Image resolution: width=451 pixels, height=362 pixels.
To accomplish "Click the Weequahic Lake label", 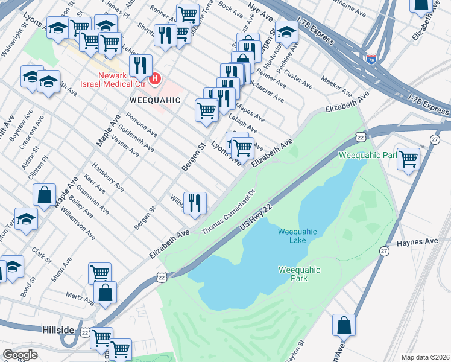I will click(x=292, y=236).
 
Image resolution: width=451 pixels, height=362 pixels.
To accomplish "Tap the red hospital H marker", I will click(x=156, y=78).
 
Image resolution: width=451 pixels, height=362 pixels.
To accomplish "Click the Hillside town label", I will click(x=58, y=330).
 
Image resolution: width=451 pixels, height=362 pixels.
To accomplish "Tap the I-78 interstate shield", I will click(x=371, y=59).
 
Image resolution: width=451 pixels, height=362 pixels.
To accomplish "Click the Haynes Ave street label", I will click(x=417, y=241).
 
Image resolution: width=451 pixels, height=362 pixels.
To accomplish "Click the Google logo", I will click(x=20, y=355).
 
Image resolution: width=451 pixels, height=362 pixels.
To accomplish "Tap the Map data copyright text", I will click(x=426, y=357).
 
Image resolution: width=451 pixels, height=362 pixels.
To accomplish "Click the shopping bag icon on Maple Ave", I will click(x=45, y=194).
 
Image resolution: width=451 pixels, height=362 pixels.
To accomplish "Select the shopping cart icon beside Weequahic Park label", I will click(x=408, y=159).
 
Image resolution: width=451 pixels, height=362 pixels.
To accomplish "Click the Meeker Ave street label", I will click(x=336, y=86).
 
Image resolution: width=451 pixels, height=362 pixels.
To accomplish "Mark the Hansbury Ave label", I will click(x=107, y=177).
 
